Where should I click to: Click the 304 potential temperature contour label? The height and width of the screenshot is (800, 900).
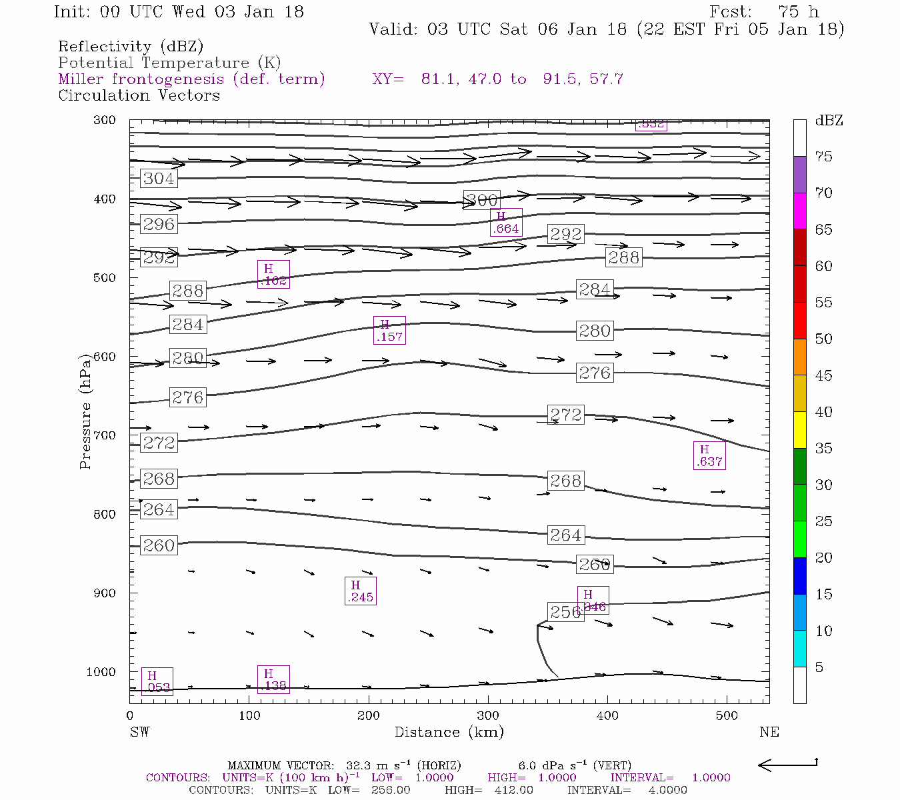pos(159,179)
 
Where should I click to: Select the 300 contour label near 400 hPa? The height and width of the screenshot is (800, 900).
pos(481,200)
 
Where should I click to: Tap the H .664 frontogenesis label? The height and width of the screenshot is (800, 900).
pos(506,223)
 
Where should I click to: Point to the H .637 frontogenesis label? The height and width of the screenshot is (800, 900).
pos(709,455)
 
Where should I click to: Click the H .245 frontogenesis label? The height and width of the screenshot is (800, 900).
pos(361,591)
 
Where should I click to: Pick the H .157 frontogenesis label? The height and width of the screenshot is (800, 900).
pos(389,331)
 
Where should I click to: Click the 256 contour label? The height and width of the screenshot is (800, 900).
pos(566,612)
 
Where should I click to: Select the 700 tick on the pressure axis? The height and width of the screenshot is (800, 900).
pos(104,435)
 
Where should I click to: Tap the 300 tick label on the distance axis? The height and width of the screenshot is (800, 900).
pos(488,716)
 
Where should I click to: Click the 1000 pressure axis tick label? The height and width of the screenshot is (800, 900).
pos(101,672)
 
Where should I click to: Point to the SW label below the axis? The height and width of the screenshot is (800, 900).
pos(139,732)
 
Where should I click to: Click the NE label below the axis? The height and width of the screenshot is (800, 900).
pos(769,732)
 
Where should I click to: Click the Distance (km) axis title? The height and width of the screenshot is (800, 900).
pos(449,732)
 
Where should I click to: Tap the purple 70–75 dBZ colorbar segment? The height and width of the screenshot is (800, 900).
pos(799,175)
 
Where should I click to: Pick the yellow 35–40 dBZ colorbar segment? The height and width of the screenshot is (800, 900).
pos(799,430)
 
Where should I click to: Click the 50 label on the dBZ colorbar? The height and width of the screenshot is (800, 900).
pos(824,339)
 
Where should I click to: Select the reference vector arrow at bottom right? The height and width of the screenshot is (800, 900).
pos(788,765)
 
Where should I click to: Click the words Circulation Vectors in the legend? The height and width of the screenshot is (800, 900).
pos(139,95)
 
